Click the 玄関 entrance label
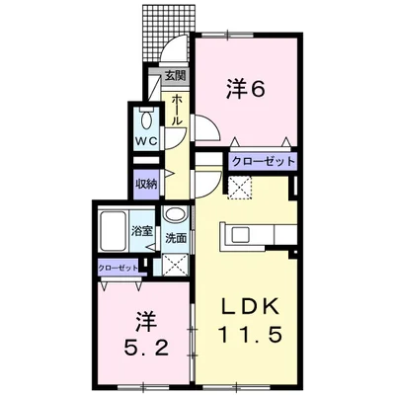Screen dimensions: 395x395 [176, 76]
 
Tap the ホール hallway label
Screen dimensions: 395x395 [177, 109]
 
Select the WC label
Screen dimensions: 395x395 [146, 141]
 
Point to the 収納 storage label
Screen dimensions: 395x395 [146, 184]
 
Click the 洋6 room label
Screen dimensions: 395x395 [246, 89]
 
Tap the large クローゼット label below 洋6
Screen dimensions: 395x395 [263, 162]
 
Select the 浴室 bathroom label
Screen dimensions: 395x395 [142, 231]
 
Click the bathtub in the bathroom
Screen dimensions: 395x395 [113, 230]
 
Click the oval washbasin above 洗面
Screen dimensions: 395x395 [176, 214]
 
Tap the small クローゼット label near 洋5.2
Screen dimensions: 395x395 [118, 268]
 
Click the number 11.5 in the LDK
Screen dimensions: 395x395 [250, 335]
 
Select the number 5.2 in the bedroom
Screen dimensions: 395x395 [146, 348]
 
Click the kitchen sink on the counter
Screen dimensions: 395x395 [242, 235]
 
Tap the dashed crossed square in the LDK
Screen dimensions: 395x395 [240, 188]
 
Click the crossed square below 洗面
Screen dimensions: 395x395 [176, 265]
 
